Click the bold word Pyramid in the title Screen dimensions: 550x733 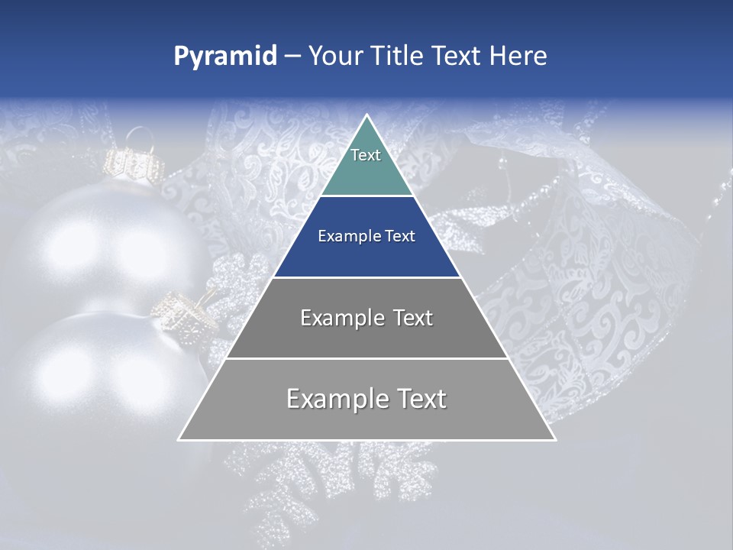[x=224, y=57]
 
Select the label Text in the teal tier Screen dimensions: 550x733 [x=366, y=155]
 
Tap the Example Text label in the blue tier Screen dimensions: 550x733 [x=366, y=236]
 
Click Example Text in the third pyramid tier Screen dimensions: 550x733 [x=366, y=318]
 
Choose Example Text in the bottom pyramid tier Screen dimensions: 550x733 [x=366, y=399]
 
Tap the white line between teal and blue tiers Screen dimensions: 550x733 [x=366, y=196]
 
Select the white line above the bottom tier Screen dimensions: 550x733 [x=366, y=358]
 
